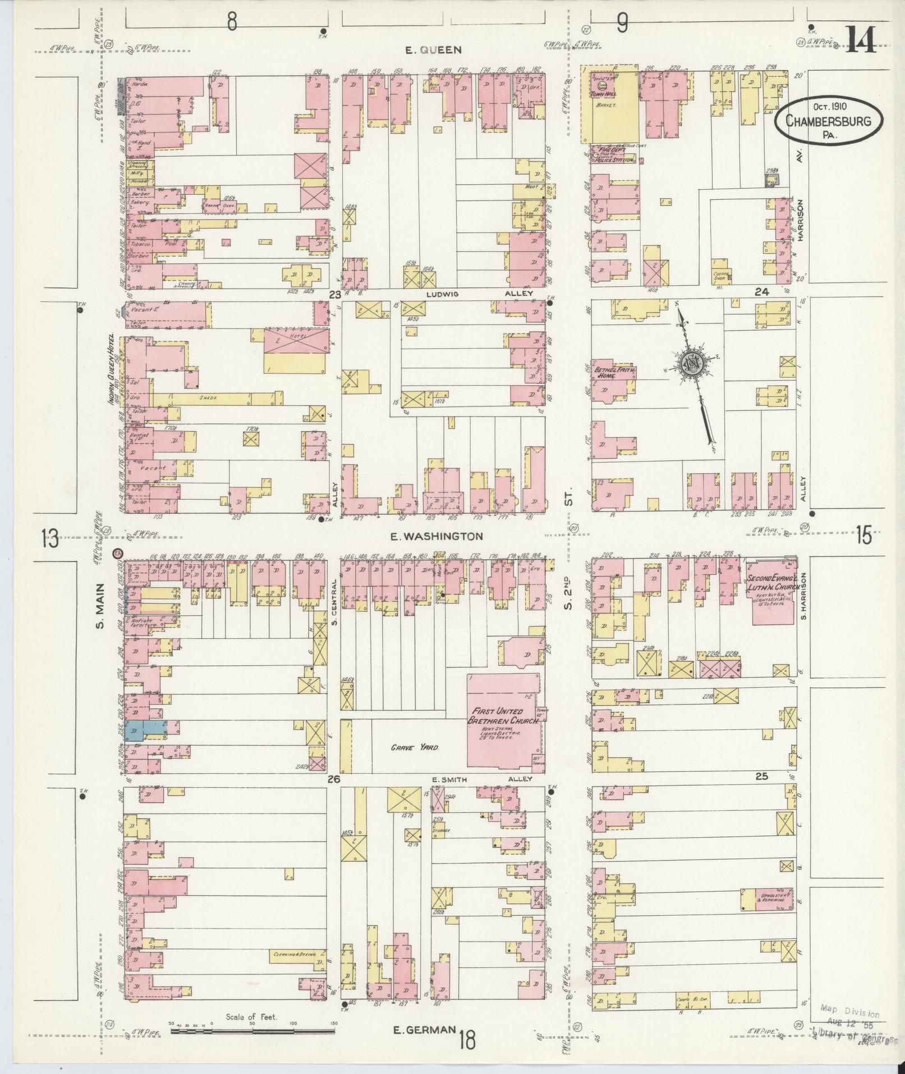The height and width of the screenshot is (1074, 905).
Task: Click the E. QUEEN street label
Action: click(x=434, y=50)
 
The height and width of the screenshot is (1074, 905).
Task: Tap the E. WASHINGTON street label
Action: click(x=436, y=536)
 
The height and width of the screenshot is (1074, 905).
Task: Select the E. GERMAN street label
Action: click(x=423, y=1030)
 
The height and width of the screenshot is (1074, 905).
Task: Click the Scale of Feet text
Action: click(x=251, y=1017)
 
